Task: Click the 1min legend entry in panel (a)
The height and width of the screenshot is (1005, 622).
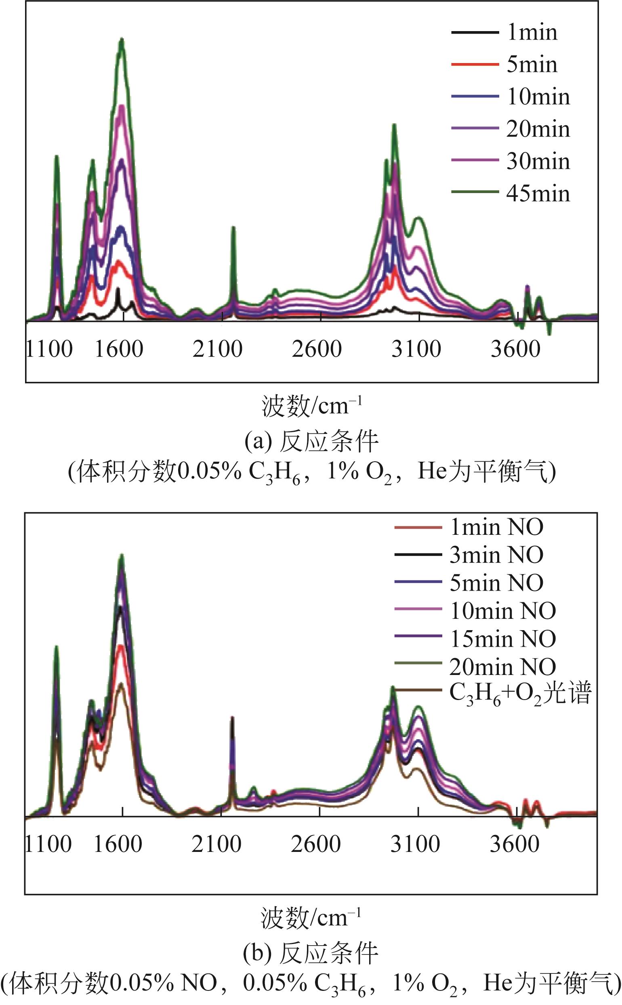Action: tap(532, 32)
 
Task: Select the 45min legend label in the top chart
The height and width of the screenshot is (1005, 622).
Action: tap(538, 193)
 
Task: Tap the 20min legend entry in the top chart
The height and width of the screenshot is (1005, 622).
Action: tap(538, 129)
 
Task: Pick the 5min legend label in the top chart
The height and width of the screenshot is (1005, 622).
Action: tap(532, 65)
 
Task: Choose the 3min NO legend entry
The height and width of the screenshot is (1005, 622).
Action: tap(496, 555)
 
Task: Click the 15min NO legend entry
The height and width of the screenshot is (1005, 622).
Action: tap(503, 639)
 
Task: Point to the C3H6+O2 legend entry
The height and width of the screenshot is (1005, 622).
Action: tap(520, 694)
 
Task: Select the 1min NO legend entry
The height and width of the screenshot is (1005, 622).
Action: tap(496, 527)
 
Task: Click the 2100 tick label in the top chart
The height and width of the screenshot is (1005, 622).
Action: tap(217, 349)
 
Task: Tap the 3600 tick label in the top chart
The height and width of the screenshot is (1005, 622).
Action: tap(515, 349)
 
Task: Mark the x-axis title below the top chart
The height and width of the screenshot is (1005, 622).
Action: tap(311, 406)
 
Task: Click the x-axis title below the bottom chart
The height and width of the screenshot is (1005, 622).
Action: tap(311, 918)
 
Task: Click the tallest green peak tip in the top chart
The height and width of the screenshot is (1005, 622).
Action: tap(122, 39)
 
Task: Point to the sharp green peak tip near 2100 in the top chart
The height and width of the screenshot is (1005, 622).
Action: tap(233, 227)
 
